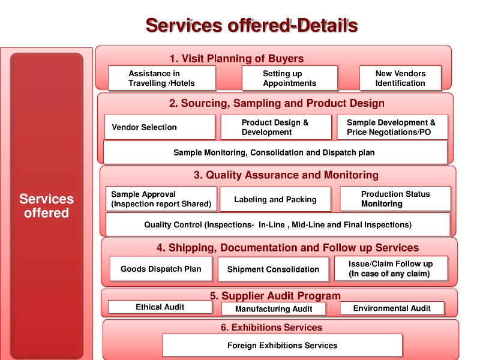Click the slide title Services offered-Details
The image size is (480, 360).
click(x=251, y=26)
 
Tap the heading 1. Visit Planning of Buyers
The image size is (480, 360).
click(x=236, y=58)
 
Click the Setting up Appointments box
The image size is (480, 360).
click(x=289, y=79)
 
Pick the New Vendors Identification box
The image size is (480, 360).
click(x=400, y=79)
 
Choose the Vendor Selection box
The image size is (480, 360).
click(x=160, y=127)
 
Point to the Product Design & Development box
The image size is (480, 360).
click(x=277, y=127)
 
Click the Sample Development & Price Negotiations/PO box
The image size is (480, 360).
click(x=392, y=127)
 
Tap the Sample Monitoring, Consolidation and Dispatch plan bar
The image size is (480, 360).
click(x=275, y=152)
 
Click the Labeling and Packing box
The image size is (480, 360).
click(x=275, y=199)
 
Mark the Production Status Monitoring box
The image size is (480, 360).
click(x=395, y=199)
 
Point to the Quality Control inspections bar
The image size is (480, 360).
click(x=278, y=225)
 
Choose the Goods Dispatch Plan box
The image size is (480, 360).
click(x=161, y=269)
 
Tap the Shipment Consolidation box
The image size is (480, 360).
click(x=273, y=269)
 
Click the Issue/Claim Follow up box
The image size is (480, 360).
click(x=390, y=269)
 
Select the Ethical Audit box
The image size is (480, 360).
click(x=160, y=307)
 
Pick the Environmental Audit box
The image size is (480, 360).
click(x=392, y=308)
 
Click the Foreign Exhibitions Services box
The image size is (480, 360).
click(x=282, y=345)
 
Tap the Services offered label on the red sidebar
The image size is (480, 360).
click(x=47, y=206)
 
